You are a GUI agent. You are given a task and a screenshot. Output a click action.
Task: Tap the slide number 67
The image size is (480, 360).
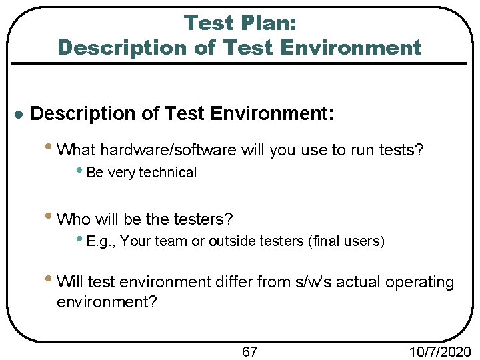point(249,351)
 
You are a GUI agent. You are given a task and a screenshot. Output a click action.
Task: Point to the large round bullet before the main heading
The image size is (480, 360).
point(19,115)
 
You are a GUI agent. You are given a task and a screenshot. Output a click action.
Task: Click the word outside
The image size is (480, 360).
point(228,241)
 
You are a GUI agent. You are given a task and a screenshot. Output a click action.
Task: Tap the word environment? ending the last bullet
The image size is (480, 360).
point(107,302)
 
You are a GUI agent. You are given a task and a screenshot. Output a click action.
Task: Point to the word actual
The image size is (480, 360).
point(369,282)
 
